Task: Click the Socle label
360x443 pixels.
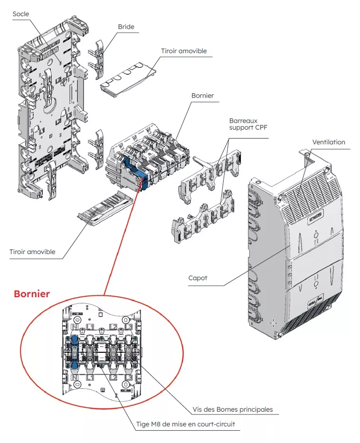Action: coord(20,14)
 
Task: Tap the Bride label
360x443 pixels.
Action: coord(126,27)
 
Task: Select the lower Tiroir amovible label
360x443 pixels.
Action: coord(32,252)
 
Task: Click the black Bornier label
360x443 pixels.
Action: coord(202,95)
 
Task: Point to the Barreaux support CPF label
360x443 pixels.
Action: coord(243,124)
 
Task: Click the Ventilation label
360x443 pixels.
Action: coord(329,142)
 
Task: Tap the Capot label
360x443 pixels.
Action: coord(198,278)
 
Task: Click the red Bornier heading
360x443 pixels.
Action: coord(31,294)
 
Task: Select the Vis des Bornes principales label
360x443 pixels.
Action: coord(233,409)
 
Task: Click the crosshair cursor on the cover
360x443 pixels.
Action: coord(273,323)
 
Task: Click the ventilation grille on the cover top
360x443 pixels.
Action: coord(311,195)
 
